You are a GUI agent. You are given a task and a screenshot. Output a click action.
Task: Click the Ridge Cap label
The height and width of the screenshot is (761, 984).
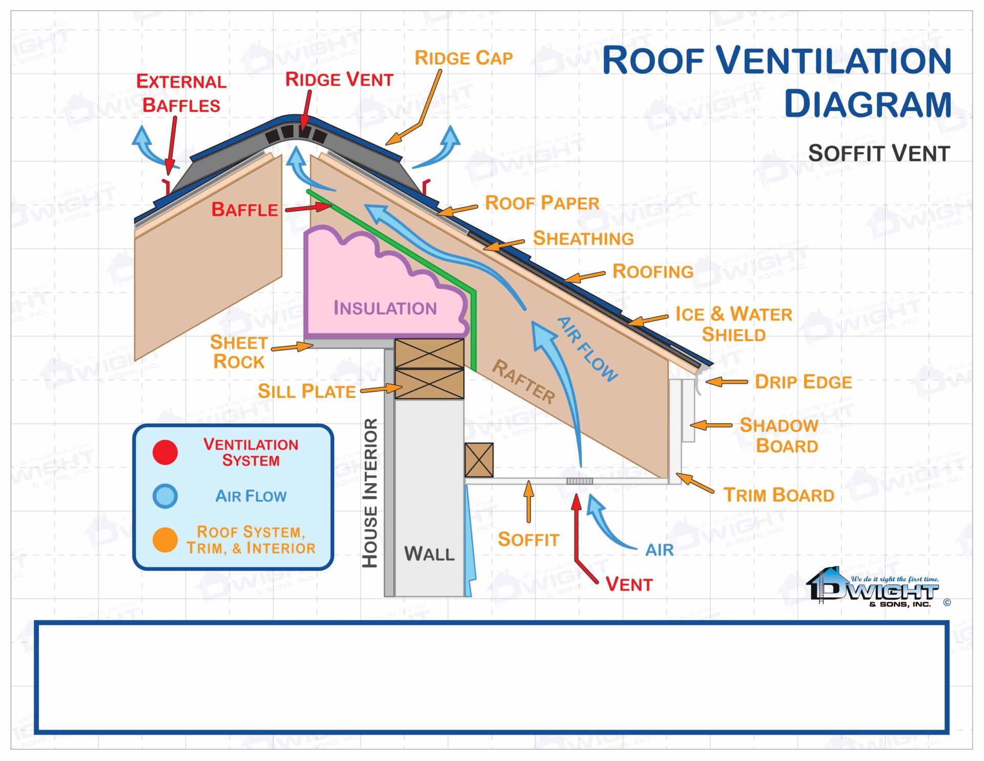[463, 58]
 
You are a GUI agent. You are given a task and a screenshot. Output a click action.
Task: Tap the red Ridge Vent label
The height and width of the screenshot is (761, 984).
[339, 79]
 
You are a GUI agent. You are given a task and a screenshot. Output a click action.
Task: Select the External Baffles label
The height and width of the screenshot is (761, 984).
[181, 93]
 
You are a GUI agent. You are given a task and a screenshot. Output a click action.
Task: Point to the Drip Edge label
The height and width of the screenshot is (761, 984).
[803, 382]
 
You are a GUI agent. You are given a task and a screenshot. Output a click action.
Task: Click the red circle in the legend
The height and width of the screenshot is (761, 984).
[165, 452]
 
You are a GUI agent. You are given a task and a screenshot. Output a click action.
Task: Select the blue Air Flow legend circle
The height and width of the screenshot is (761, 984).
[165, 496]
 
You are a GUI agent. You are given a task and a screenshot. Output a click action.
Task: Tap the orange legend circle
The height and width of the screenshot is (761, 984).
[165, 540]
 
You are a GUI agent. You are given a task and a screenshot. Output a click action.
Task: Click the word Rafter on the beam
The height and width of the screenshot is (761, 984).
[524, 382]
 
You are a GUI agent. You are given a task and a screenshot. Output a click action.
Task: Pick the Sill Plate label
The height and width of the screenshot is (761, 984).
[306, 392]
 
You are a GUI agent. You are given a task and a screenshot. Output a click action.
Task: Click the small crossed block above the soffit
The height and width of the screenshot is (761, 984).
[479, 460]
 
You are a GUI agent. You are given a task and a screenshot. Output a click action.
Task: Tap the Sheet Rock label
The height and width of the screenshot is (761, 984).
[239, 352]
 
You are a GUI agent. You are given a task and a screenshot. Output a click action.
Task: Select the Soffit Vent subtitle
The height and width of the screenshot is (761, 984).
[879, 153]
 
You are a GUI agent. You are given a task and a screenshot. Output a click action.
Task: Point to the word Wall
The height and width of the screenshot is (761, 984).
[429, 554]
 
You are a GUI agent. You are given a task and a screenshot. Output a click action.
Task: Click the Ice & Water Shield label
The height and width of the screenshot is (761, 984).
[733, 324]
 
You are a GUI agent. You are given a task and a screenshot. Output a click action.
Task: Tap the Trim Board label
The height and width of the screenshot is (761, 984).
[778, 495]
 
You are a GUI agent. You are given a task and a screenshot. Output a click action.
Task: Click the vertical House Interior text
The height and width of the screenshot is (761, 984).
[370, 493]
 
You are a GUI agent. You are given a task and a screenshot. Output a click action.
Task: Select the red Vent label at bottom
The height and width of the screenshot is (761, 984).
[629, 585]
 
